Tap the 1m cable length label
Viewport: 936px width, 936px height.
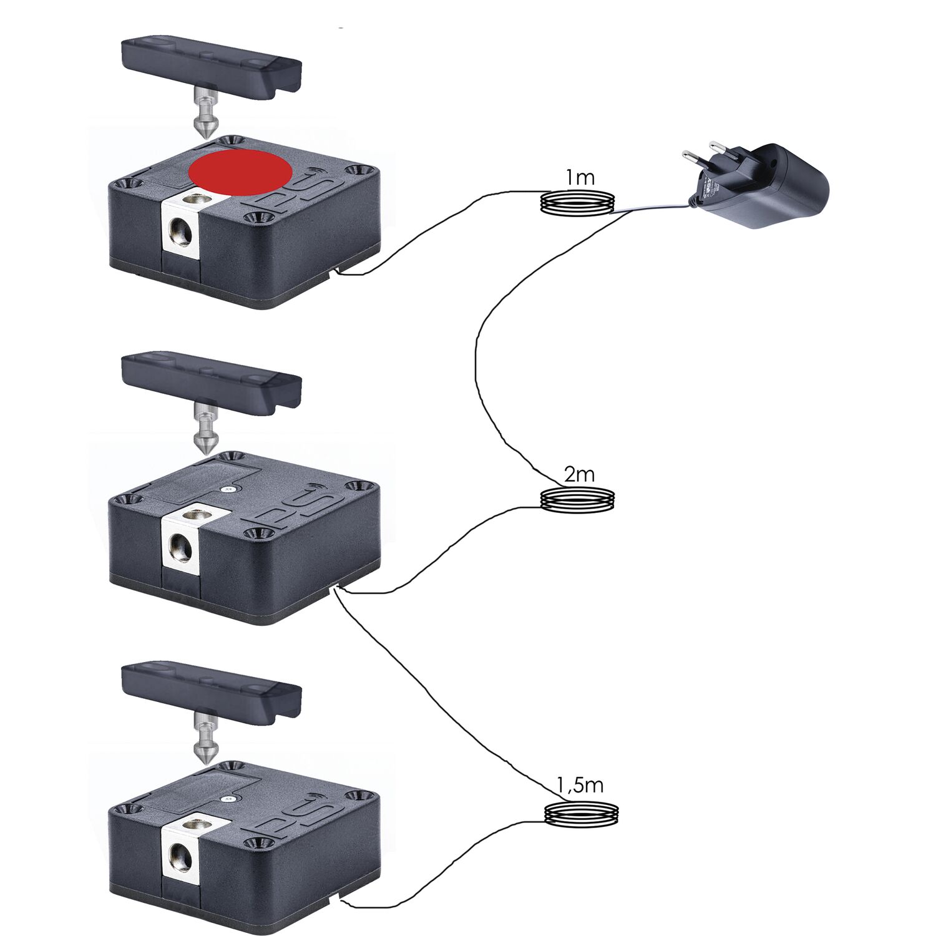580,178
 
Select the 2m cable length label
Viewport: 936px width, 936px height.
579,475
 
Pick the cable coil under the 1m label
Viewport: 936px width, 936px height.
577,203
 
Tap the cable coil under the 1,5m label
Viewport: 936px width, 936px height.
582,814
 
